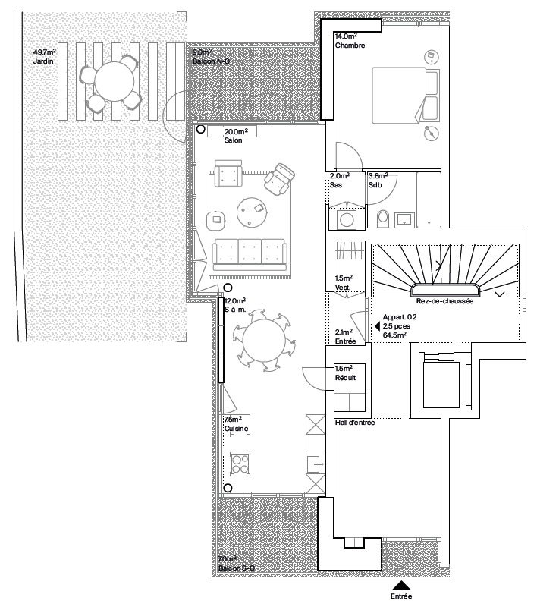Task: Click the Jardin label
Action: click(42, 61)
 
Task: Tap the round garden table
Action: click(114, 81)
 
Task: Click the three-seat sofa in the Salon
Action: click(250, 253)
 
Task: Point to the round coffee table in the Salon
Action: click(252, 211)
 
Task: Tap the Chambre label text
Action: click(350, 46)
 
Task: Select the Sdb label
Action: click(375, 185)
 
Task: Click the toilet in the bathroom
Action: click(382, 219)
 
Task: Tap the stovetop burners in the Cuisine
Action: click(240, 463)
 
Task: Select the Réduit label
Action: click(345, 377)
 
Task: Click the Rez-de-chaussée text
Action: click(445, 301)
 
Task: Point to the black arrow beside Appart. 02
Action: click(375, 327)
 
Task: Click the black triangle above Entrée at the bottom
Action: click(401, 585)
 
